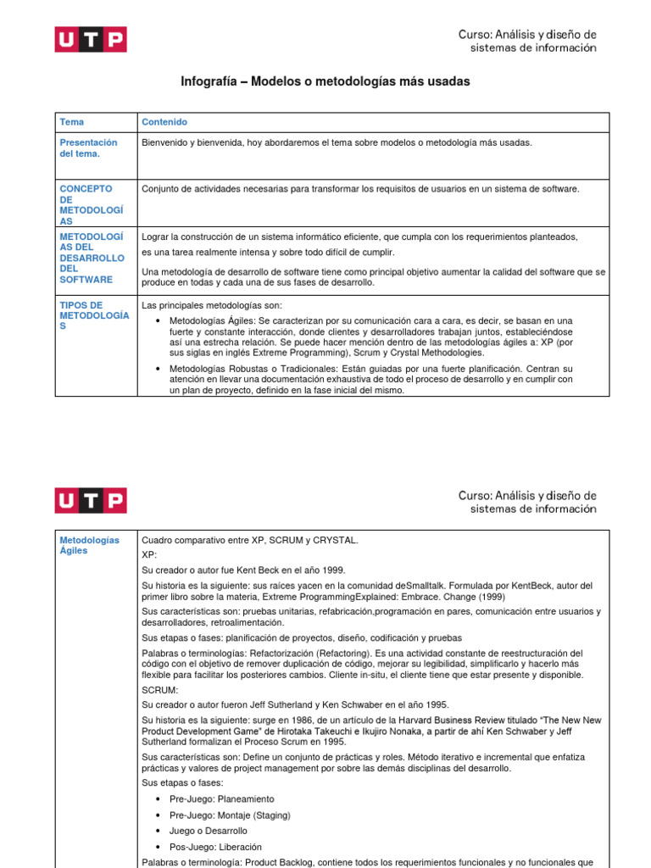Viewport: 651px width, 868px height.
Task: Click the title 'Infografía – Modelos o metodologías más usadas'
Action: (325, 81)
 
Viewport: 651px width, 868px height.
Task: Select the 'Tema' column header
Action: (71, 122)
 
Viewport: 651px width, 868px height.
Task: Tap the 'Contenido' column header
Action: (164, 122)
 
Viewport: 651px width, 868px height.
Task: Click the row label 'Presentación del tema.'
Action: (88, 148)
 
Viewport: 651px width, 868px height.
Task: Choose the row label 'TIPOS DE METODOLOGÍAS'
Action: (93, 315)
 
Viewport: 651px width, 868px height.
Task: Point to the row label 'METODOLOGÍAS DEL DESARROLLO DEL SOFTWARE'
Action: (92, 258)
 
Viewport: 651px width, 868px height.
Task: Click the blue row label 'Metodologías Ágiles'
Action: (89, 545)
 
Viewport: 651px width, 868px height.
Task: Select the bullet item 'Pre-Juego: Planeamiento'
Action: (221, 799)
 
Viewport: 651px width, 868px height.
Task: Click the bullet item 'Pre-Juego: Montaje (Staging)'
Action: (229, 815)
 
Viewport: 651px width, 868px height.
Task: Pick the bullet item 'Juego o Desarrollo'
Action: (209, 831)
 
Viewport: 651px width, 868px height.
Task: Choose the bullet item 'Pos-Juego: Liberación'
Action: (215, 847)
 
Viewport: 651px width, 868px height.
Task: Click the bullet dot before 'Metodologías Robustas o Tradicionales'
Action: (159, 369)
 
